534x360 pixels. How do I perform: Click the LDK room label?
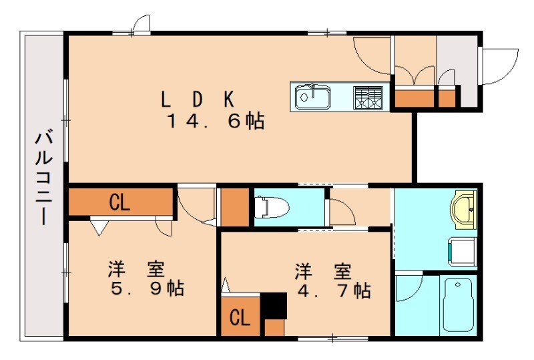click(197, 99)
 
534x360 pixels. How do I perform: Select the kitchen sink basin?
click(312, 98)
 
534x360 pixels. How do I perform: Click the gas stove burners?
click(370, 98)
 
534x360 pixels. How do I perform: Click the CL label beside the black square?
click(240, 318)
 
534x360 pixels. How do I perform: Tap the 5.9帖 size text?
click(147, 289)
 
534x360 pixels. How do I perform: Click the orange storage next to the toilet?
click(234, 208)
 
